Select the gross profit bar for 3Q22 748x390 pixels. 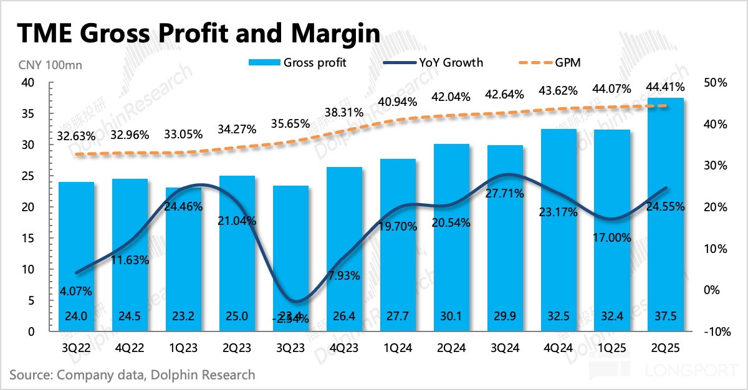pos(76,255)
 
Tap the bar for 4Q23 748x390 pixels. pos(344,249)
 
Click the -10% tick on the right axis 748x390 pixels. pos(717,331)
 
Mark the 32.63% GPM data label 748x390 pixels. pos(76,135)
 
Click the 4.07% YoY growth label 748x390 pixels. pos(76,290)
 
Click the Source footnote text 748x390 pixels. pos(132,375)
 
